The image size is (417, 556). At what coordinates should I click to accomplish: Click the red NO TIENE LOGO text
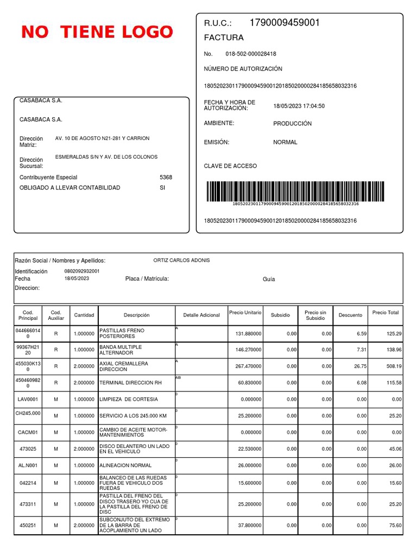pyautogui.click(x=97, y=32)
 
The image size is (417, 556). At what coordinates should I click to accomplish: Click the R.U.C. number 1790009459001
pyautogui.click(x=285, y=23)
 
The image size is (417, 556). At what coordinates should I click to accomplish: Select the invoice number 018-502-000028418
pyautogui.click(x=250, y=54)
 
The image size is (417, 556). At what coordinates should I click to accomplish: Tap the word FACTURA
pyautogui.click(x=224, y=37)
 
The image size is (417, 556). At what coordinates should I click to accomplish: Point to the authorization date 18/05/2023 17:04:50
pyautogui.click(x=299, y=106)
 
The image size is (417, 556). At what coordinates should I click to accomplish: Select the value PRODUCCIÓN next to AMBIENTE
pyautogui.click(x=292, y=123)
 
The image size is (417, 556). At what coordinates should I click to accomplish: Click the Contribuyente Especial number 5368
pyautogui.click(x=166, y=177)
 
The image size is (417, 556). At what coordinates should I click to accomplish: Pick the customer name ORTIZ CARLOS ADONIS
pyautogui.click(x=181, y=260)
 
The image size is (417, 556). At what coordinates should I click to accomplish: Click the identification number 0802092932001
pyautogui.click(x=81, y=271)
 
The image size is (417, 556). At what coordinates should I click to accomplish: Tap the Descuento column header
pyautogui.click(x=350, y=315)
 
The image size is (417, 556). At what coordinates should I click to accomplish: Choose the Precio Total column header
pyautogui.click(x=386, y=312)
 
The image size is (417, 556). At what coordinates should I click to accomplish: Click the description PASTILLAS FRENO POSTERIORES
pyautogui.click(x=122, y=333)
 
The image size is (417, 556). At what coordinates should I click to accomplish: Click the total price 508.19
pyautogui.click(x=393, y=366)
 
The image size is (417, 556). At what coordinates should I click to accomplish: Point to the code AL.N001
pyautogui.click(x=28, y=465)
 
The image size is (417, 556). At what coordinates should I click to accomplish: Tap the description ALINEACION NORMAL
pyautogui.click(x=125, y=465)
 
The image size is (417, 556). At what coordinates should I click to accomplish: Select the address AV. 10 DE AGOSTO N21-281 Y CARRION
pyautogui.click(x=102, y=138)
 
